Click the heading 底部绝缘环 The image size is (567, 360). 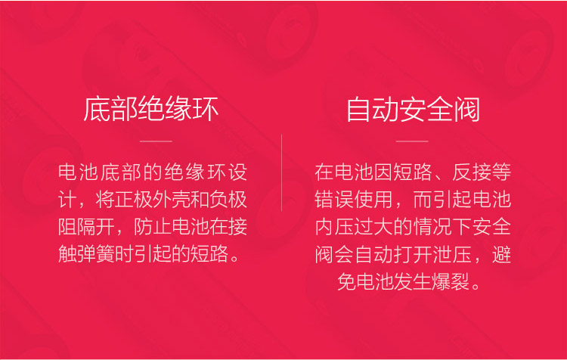(x=151, y=109)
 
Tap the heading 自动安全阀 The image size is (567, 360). (x=413, y=109)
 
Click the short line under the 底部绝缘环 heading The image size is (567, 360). (x=156, y=141)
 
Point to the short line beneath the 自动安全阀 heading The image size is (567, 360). (x=412, y=141)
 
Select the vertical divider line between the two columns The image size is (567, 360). (x=281, y=172)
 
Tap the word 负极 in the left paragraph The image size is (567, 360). (x=228, y=200)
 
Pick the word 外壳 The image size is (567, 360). (x=172, y=200)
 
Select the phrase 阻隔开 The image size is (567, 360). (x=86, y=227)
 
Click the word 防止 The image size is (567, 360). (x=153, y=227)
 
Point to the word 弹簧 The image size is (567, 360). (x=96, y=253)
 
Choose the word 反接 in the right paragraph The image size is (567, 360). (x=472, y=172)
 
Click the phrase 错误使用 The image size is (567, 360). (x=354, y=200)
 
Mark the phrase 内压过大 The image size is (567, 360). (x=354, y=227)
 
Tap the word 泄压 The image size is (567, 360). (x=452, y=253)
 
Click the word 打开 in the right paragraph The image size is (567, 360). (x=413, y=253)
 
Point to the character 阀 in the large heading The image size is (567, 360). (x=467, y=109)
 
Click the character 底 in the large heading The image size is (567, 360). (x=97, y=109)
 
